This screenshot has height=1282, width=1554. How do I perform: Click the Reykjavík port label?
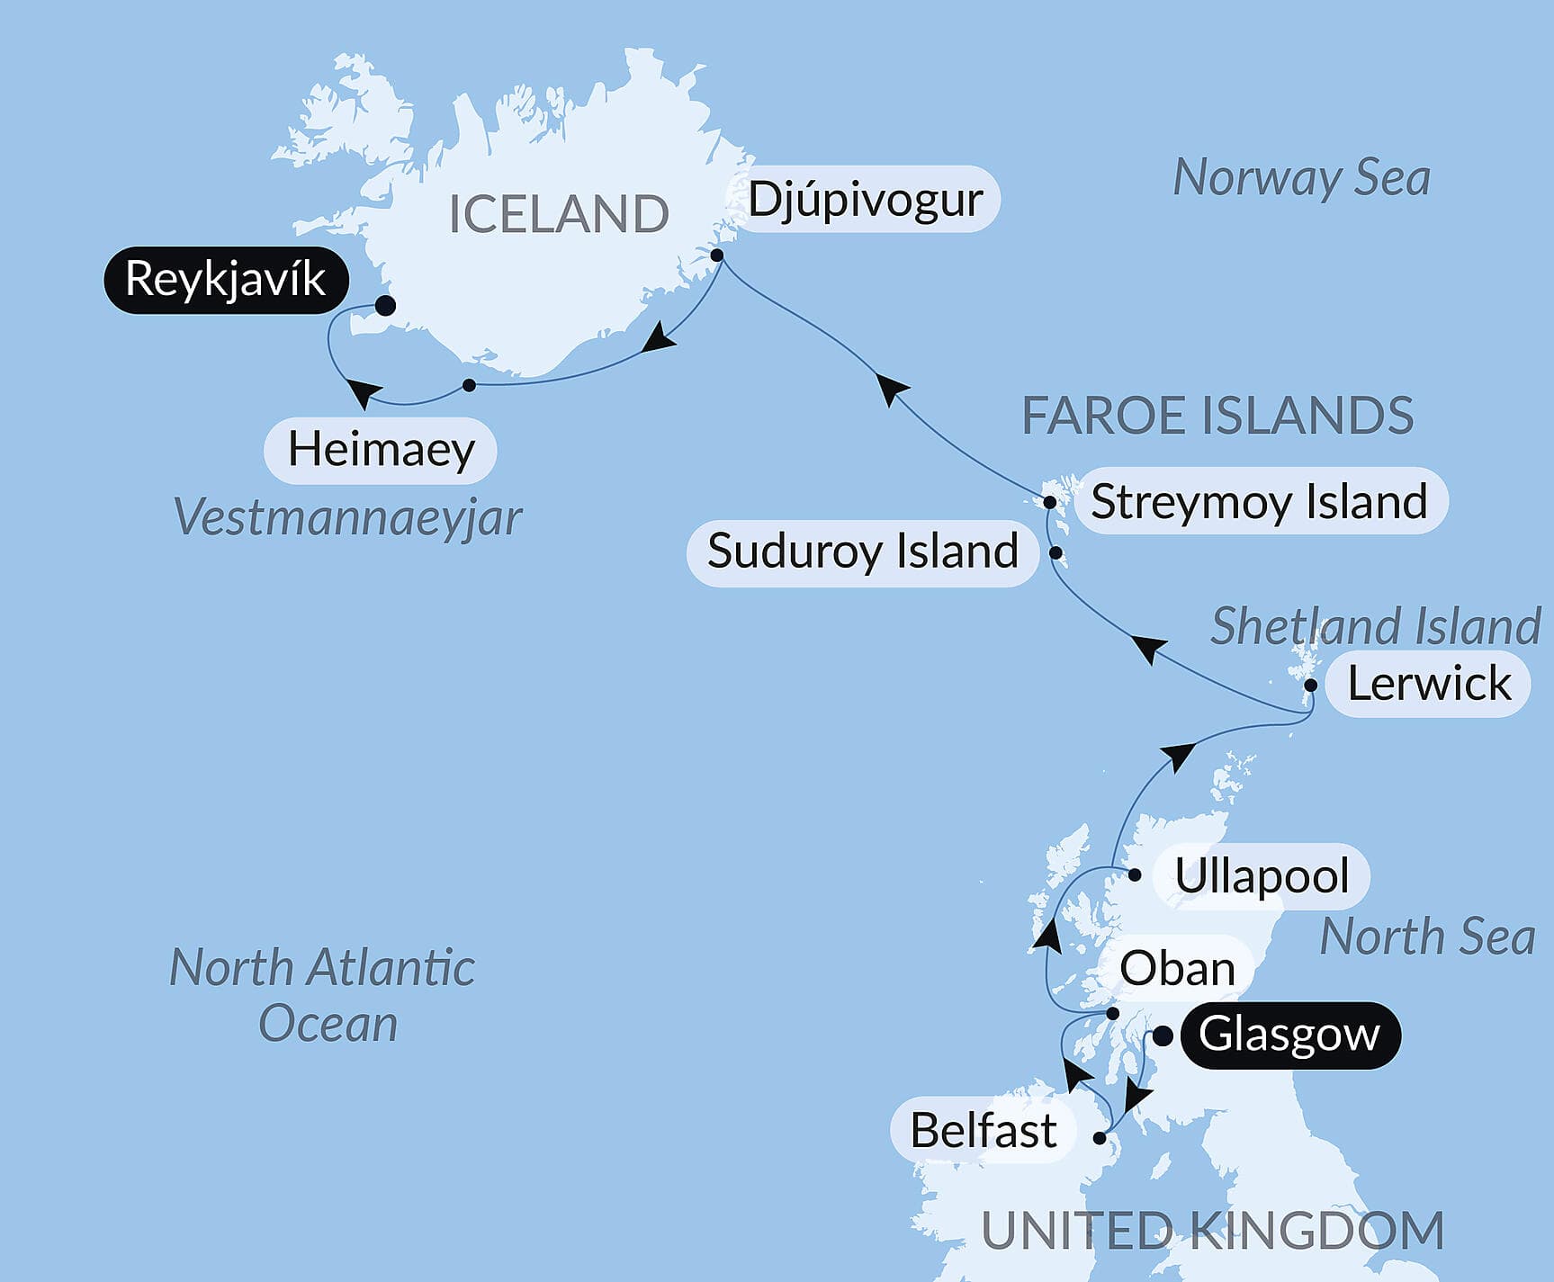coord(225,280)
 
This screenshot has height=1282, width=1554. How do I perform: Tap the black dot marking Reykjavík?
coord(385,306)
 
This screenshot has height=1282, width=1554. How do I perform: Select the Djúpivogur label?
coord(865,200)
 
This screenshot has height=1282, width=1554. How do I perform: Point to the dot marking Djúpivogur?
coord(717,256)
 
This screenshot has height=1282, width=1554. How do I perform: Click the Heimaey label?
coord(381,449)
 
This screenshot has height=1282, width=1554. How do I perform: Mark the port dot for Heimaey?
coord(469,385)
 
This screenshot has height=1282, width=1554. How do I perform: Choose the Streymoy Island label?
coord(1259,501)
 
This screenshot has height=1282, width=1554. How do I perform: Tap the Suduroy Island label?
coord(862,551)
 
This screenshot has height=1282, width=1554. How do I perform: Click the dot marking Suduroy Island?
coord(1056,552)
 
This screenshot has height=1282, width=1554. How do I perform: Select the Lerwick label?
coord(1428,684)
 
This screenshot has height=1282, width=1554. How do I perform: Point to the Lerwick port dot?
coord(1311,686)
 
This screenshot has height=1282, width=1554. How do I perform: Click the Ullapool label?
coord(1262,875)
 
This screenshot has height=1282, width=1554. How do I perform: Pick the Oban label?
coord(1177,969)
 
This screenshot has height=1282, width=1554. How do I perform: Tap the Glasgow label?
coord(1289,1035)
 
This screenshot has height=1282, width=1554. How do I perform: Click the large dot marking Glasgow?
coord(1163,1036)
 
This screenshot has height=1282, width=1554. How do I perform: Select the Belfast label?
coord(983,1130)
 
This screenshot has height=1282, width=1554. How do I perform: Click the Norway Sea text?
coord(1301,178)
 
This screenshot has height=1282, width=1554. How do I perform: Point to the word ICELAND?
coord(558,214)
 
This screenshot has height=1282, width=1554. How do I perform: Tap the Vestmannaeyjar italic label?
coord(347,517)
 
